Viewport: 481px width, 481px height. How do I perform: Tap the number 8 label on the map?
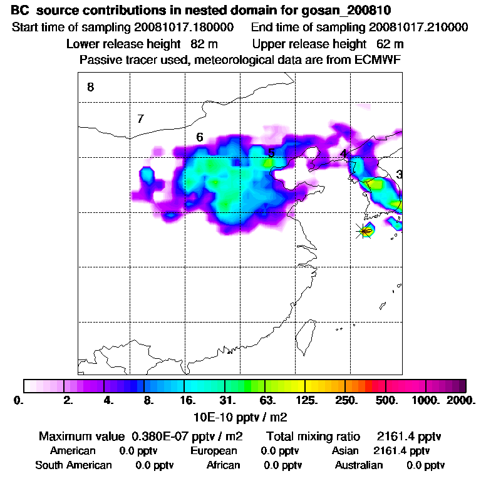[x=91, y=88]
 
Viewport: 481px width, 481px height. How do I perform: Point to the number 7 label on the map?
[x=140, y=118]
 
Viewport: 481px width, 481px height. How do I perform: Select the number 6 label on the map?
[x=199, y=137]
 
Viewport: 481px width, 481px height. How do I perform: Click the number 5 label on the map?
[x=271, y=153]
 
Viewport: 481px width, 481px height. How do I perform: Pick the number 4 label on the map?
[x=343, y=153]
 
